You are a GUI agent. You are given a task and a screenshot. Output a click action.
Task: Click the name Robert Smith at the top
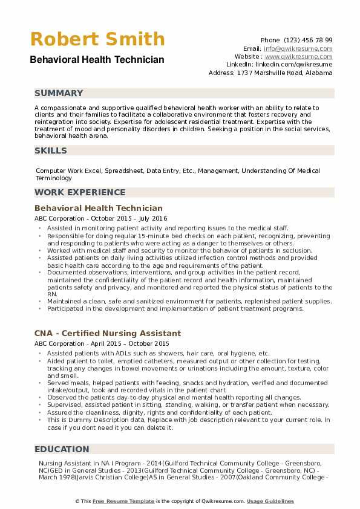[97, 39]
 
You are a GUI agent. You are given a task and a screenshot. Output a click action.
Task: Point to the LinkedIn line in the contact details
[279, 64]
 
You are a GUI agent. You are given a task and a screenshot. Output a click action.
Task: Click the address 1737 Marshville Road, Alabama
[270, 73]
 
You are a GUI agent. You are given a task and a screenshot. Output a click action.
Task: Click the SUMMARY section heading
[59, 93]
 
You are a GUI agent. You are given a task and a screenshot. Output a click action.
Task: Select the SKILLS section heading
[51, 151]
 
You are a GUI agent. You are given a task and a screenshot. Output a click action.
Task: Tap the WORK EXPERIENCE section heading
[80, 192]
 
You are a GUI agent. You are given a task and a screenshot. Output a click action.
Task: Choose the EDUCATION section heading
[62, 449]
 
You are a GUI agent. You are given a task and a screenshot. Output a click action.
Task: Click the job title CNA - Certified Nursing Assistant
[108, 333]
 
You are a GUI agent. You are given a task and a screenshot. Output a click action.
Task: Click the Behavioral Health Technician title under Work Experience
[99, 208]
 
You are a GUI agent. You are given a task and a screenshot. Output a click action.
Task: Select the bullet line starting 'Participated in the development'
[175, 308]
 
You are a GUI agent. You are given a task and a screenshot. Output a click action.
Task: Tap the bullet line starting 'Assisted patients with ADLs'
[158, 353]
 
